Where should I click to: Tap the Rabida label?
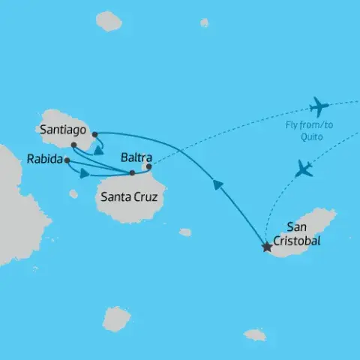click(43, 159)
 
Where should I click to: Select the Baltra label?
click(136, 158)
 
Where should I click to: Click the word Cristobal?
click(295, 241)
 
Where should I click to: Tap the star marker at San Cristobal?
click(265, 246)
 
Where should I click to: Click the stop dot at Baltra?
click(148, 166)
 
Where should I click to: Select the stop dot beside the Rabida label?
click(67, 160)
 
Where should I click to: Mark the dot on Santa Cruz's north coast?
click(132, 173)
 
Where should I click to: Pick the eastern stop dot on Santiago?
click(94, 135)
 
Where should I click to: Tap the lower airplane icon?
click(304, 168)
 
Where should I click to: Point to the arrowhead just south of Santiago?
click(100, 148)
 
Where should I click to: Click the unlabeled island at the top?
click(109, 22)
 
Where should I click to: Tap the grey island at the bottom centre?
click(116, 318)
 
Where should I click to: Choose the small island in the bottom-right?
click(255, 334)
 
